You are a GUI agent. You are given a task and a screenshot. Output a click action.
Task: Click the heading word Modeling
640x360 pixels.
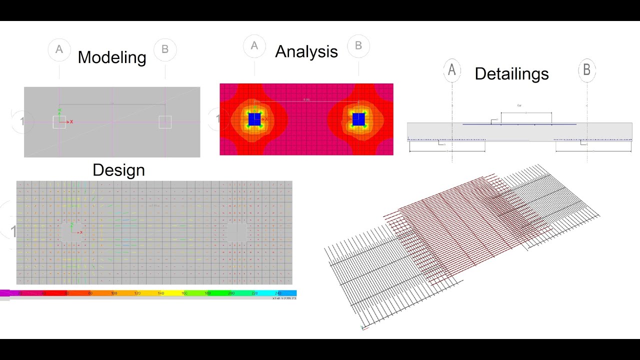(x=112, y=57)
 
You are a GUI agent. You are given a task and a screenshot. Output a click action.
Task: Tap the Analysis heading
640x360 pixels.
(x=306, y=51)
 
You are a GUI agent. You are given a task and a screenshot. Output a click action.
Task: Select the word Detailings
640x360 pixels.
(x=511, y=74)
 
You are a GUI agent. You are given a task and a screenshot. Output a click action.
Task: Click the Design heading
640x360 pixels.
(x=118, y=170)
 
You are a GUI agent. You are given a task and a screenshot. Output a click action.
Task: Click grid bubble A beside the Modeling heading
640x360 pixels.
(x=59, y=49)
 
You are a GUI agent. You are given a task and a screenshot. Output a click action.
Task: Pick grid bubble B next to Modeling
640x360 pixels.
(x=165, y=49)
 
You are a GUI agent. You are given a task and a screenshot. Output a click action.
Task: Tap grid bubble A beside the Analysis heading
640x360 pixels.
(x=254, y=46)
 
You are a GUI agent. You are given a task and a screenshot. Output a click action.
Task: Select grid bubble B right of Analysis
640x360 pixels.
(x=358, y=46)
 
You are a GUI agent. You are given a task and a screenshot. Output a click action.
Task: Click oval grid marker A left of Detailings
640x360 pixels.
(x=452, y=70)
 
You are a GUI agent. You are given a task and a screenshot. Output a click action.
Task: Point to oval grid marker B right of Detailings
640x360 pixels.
(x=587, y=70)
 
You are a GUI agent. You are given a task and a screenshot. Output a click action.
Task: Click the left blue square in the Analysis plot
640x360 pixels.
(x=254, y=119)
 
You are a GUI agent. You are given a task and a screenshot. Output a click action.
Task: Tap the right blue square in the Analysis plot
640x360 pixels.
(x=358, y=119)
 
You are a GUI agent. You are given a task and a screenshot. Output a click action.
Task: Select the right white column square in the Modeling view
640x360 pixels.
(x=165, y=122)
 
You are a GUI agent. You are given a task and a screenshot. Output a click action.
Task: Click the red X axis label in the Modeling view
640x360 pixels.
(x=71, y=122)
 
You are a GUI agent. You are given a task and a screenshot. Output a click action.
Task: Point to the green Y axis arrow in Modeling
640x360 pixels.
(x=59, y=111)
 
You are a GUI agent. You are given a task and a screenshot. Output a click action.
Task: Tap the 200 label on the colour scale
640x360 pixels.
(x=231, y=293)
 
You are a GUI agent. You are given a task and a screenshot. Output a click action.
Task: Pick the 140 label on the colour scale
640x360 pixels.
(x=160, y=293)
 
